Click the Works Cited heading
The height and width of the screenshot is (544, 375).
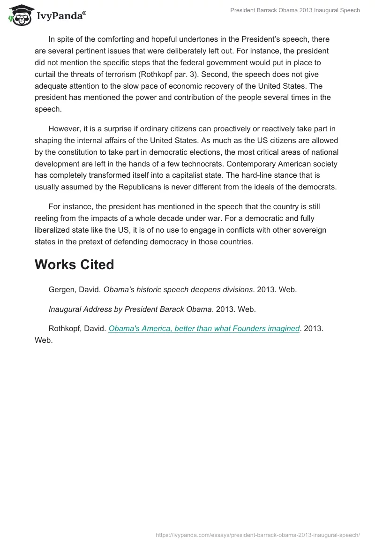coord(74,264)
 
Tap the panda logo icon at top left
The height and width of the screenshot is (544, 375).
coord(19,15)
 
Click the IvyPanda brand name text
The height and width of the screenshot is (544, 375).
coord(61,16)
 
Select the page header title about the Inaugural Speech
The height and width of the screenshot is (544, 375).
coord(295,10)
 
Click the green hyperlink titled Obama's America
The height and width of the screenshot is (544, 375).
coord(204,329)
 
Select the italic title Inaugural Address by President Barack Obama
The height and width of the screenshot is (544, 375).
coord(130,309)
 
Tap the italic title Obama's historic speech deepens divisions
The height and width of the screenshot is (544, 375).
coord(178,290)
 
